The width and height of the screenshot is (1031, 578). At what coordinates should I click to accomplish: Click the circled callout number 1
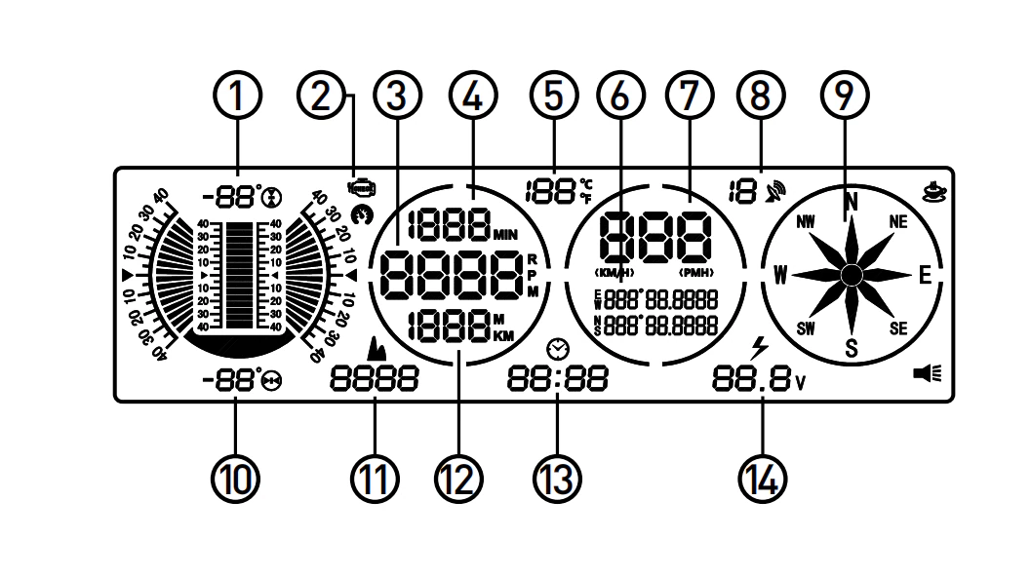[x=237, y=97]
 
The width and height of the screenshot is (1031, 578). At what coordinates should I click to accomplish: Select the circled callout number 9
[x=845, y=97]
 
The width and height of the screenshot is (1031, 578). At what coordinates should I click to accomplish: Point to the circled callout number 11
[x=377, y=478]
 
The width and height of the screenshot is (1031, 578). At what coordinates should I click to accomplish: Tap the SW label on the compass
[x=806, y=328]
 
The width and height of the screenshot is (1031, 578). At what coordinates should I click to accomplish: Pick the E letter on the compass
[x=925, y=275]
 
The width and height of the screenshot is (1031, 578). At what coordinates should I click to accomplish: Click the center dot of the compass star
[x=851, y=275]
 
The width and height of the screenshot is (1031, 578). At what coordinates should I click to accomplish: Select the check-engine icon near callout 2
[x=361, y=185]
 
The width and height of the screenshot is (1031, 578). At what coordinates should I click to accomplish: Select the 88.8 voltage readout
[x=751, y=379]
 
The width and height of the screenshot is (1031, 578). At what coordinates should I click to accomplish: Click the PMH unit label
[x=697, y=271]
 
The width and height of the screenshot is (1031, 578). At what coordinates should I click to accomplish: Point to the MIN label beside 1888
[x=507, y=235]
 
